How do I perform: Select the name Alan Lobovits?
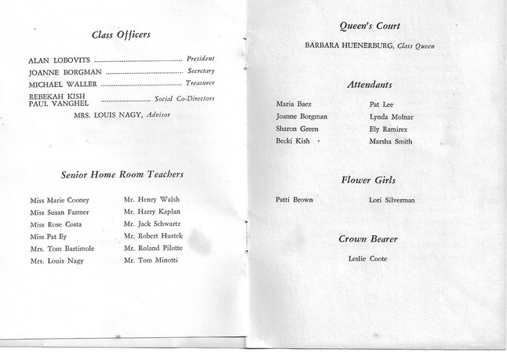click(59, 60)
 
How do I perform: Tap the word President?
click(200, 59)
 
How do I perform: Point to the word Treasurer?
click(200, 83)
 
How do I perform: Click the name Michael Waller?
click(63, 84)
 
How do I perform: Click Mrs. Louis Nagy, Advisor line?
click(122, 115)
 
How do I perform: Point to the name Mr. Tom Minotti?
click(151, 260)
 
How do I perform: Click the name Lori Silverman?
click(392, 201)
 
